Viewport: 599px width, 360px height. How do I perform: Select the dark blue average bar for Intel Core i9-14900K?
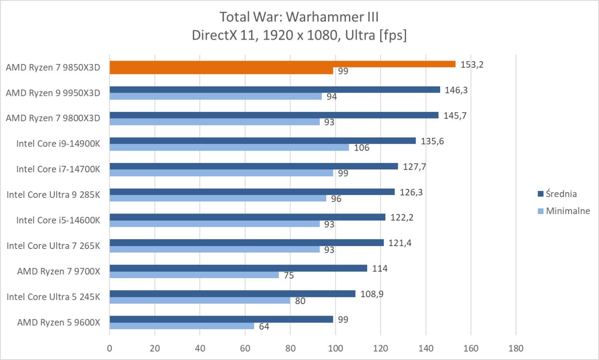click(262, 141)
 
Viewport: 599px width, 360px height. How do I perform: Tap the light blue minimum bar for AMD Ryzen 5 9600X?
click(182, 326)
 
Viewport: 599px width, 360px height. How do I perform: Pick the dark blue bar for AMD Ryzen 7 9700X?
click(238, 268)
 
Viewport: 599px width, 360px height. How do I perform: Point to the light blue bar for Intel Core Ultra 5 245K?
click(200, 300)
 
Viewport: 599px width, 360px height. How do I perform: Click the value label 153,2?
click(472, 64)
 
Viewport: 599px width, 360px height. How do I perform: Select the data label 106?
click(361, 148)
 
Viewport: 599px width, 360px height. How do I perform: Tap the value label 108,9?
click(372, 294)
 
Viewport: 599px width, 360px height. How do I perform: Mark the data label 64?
click(264, 326)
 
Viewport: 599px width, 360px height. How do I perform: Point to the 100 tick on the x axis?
click(335, 348)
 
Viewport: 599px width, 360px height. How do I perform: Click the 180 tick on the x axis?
click(516, 348)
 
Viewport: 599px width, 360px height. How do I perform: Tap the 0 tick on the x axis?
click(109, 348)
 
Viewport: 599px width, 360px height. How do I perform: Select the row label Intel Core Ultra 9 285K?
click(53, 195)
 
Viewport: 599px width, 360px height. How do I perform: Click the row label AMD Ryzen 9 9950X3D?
click(53, 93)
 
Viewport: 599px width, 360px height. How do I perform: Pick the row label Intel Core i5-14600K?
click(58, 220)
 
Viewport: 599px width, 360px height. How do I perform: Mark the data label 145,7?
click(455, 115)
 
